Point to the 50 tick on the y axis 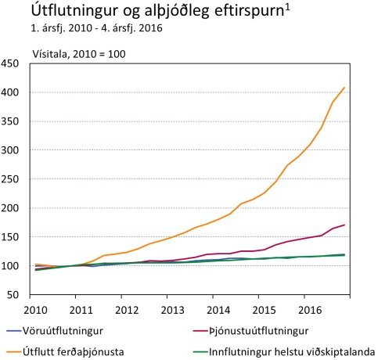pos(16,295)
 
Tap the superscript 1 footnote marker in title pos(290,8)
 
